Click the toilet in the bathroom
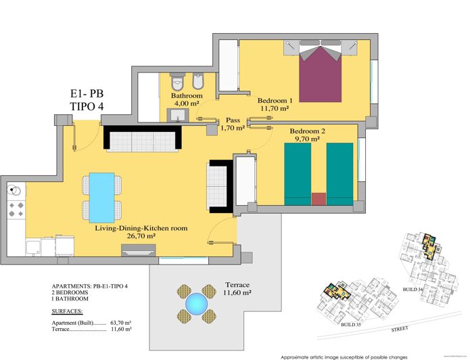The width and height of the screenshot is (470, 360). (x=178, y=83)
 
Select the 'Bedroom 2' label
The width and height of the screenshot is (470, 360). (x=308, y=131)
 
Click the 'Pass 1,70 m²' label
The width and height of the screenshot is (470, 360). (x=233, y=124)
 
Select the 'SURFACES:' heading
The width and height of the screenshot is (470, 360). (x=68, y=312)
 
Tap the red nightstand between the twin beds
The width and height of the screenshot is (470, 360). (x=319, y=199)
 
